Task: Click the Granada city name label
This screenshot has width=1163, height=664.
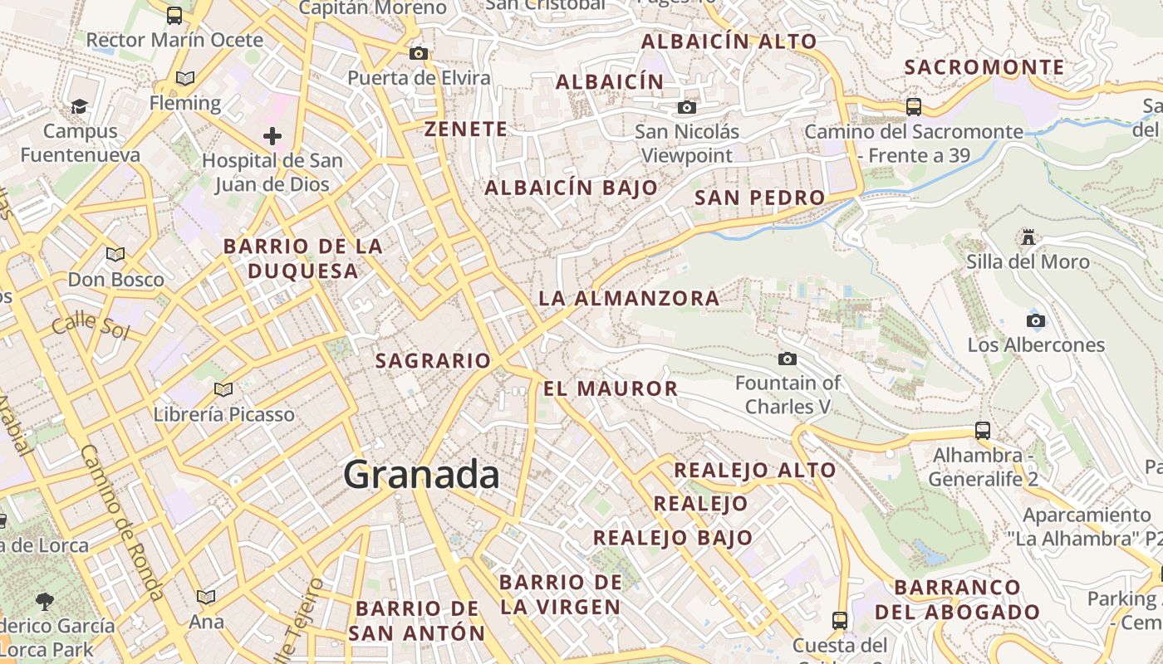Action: tap(421, 475)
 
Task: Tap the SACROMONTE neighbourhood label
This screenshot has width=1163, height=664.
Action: tap(984, 67)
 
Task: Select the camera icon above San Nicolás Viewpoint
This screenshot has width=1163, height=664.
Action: tap(686, 107)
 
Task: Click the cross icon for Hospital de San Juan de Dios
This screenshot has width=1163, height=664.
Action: tap(272, 136)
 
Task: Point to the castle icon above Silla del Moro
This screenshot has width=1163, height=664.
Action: tap(1028, 238)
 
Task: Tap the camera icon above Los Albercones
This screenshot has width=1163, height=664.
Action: tap(1035, 320)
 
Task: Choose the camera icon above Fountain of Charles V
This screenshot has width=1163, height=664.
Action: tap(787, 359)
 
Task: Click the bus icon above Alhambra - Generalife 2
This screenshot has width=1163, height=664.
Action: tap(983, 430)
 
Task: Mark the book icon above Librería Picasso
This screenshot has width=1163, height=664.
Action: tap(223, 388)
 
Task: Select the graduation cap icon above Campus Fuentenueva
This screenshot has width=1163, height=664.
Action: tap(79, 106)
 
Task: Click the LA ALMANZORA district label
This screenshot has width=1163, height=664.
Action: tap(629, 298)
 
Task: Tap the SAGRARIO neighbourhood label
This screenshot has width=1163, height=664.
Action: tap(433, 361)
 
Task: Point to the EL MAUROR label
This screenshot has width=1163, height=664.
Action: tap(611, 388)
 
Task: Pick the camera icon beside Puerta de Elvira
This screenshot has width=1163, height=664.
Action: tap(418, 54)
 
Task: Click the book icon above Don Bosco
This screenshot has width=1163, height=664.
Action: tap(115, 254)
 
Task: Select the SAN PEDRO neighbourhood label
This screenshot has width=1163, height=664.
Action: tap(759, 198)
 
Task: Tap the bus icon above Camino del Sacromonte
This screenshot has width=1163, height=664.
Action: tap(914, 106)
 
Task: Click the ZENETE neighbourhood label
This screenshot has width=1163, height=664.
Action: tap(465, 129)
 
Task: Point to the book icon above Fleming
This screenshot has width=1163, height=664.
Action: tap(185, 78)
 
